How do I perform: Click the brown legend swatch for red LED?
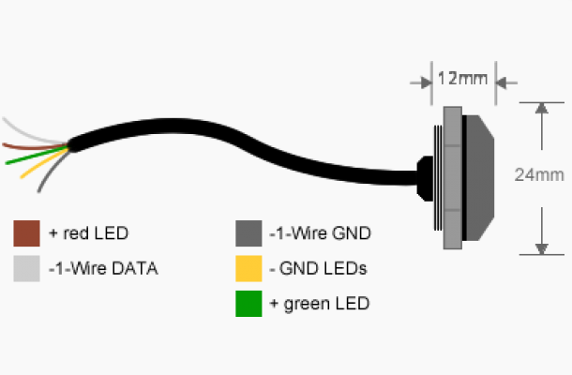(26, 233)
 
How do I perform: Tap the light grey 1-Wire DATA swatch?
(26, 268)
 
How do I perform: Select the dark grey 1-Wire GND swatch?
(248, 233)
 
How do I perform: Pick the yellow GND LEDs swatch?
(248, 268)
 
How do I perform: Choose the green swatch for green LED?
(248, 304)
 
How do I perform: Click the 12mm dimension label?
(462, 79)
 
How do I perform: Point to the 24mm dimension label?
(539, 175)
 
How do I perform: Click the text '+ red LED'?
(89, 233)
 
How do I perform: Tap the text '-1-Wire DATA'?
(103, 268)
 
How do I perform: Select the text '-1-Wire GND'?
(321, 233)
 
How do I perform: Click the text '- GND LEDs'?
(318, 268)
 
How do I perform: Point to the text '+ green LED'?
(320, 304)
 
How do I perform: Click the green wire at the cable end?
(37, 156)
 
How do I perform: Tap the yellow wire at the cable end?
(44, 163)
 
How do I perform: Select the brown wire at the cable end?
(35, 147)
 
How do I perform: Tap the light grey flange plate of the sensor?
(453, 178)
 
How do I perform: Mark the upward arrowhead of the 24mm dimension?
(542, 109)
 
